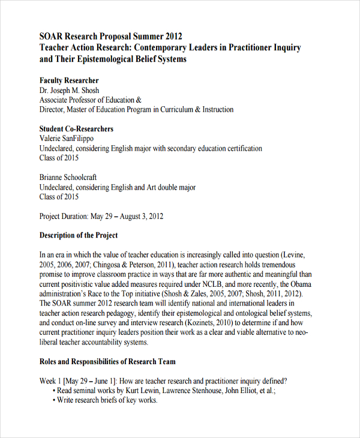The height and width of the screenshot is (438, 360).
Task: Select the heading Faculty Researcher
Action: (69, 80)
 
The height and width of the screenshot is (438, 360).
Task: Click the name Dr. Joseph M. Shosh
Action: (70, 91)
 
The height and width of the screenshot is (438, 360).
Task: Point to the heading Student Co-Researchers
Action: (76, 129)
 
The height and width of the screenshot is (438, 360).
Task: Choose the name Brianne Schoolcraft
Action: (68, 178)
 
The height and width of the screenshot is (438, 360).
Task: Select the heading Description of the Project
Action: (79, 235)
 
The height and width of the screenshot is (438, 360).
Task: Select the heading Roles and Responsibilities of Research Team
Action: (107, 361)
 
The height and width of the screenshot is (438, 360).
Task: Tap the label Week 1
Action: (50, 380)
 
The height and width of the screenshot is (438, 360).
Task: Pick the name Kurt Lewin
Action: (145, 390)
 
